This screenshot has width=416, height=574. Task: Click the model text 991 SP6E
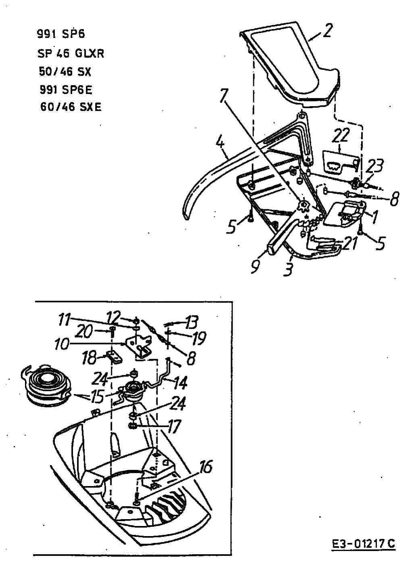pos(66,90)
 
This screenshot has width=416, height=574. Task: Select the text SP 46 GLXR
pos(71,54)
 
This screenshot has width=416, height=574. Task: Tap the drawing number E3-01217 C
pos(364,543)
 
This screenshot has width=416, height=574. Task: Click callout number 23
pos(374,166)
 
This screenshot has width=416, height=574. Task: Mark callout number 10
pos(62,344)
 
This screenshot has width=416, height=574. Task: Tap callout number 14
pos(180,383)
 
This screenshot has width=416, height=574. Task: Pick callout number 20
pos(84,332)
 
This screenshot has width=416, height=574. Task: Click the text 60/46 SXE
pos(71,107)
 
